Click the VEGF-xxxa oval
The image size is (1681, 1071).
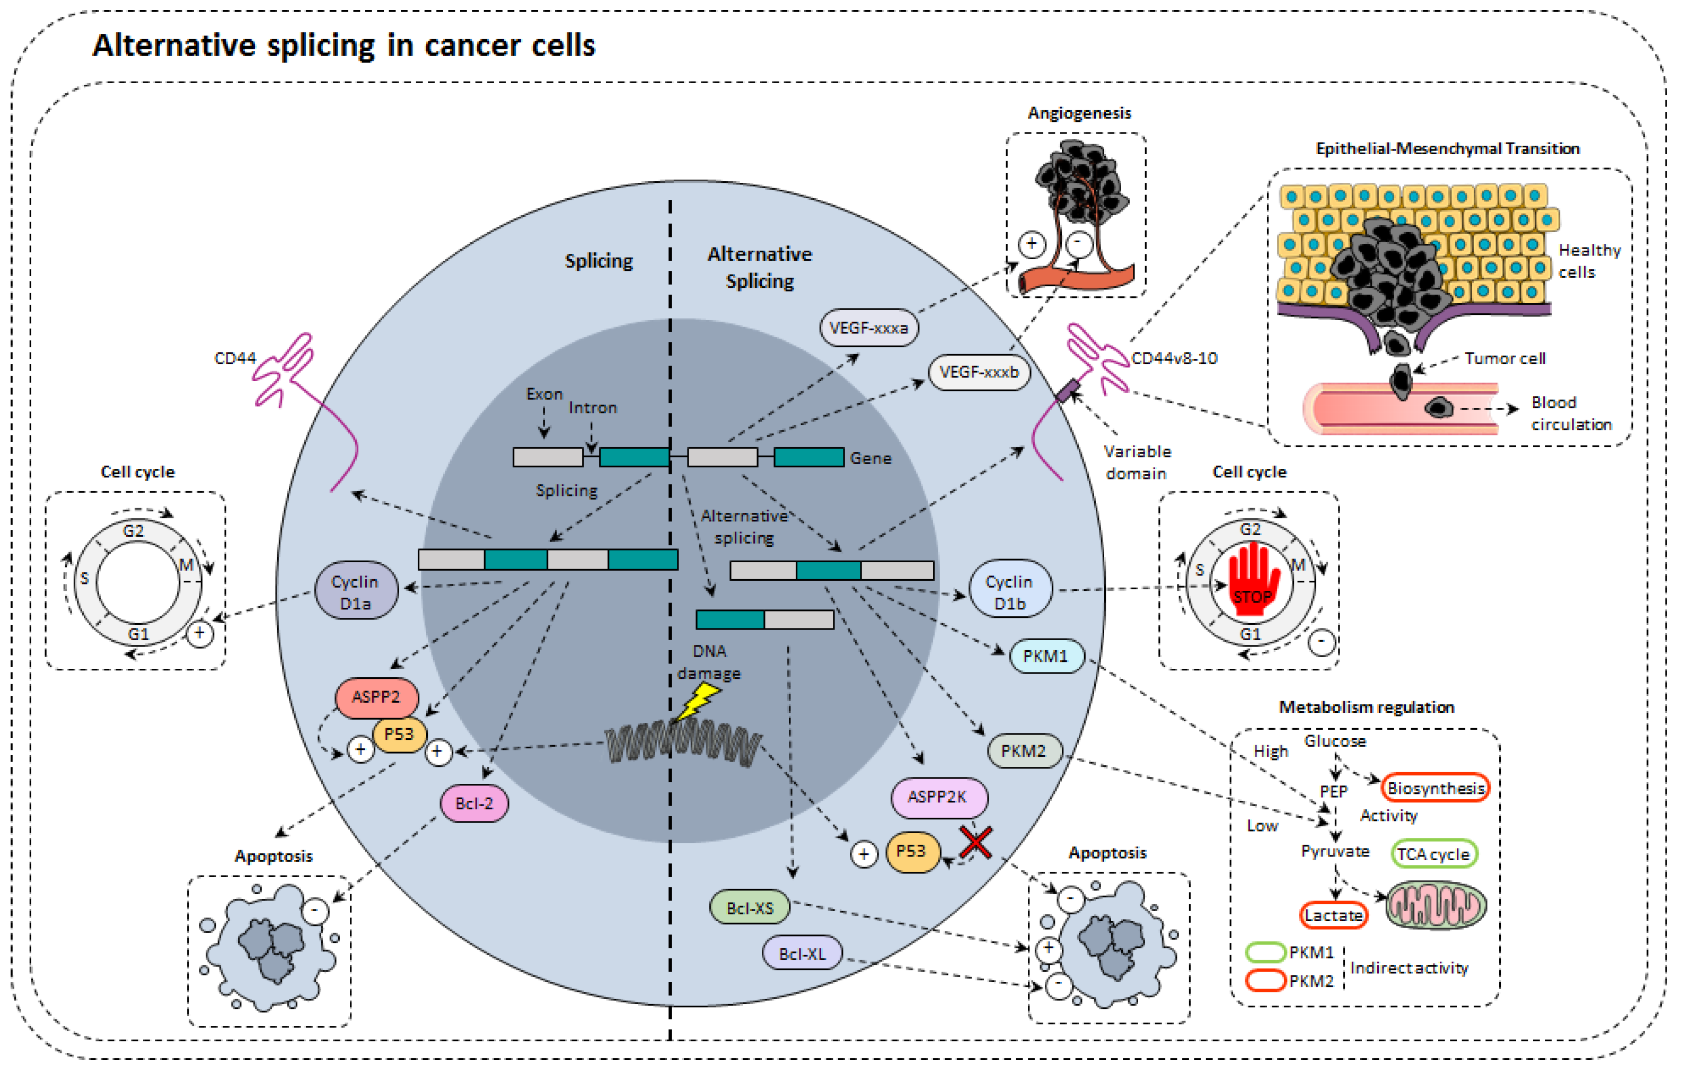[868, 327]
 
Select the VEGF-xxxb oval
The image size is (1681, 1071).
[979, 372]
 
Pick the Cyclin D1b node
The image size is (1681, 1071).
[1009, 591]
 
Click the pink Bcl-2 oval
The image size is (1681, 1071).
[474, 803]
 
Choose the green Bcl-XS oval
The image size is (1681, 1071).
[750, 907]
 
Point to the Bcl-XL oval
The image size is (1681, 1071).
[802, 953]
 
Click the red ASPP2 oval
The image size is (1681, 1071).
[376, 696]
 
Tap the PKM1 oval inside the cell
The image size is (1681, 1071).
[1046, 656]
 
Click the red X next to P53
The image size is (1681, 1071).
[975, 842]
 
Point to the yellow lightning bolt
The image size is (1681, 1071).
[698, 701]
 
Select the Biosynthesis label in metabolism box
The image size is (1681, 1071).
[1435, 789]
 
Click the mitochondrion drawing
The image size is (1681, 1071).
[1436, 906]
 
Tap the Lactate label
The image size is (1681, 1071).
[1333, 915]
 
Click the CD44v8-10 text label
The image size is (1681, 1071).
[1174, 358]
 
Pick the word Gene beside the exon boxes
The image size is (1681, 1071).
[870, 458]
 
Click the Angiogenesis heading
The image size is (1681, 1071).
[1079, 112]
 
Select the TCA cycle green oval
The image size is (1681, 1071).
[1433, 853]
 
